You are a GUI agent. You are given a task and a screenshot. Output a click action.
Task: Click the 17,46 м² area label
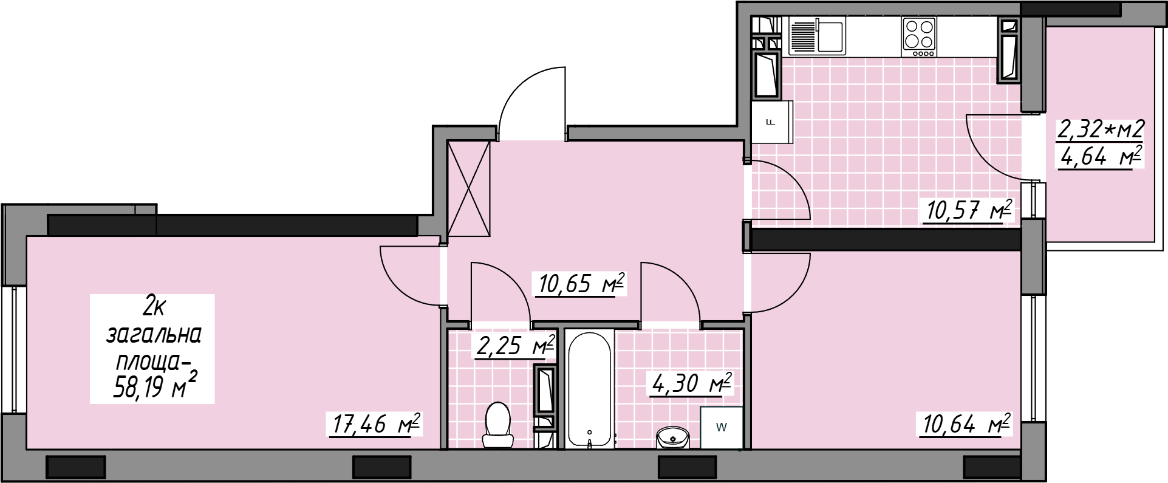click(x=376, y=424)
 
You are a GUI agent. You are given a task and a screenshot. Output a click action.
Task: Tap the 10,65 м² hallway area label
click(x=581, y=283)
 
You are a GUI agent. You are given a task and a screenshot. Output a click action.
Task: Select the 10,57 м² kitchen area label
click(x=969, y=210)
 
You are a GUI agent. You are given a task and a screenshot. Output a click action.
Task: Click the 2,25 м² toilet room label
click(x=516, y=346)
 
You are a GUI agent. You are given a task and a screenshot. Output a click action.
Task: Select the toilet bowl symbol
click(x=498, y=426)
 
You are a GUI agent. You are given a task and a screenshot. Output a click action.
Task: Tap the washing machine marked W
click(x=722, y=427)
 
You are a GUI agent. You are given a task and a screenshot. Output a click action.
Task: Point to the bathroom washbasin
click(x=673, y=437)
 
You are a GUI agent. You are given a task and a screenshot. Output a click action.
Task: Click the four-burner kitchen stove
click(x=920, y=36)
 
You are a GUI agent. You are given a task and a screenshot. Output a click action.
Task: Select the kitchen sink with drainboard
click(x=817, y=36)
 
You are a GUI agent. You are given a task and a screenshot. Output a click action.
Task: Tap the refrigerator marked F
click(x=772, y=122)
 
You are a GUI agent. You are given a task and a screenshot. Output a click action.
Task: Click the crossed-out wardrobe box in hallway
click(x=468, y=188)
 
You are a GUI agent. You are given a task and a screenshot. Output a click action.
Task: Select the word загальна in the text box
click(x=154, y=335)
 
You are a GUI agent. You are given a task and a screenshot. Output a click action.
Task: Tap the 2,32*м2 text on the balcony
click(x=1101, y=129)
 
